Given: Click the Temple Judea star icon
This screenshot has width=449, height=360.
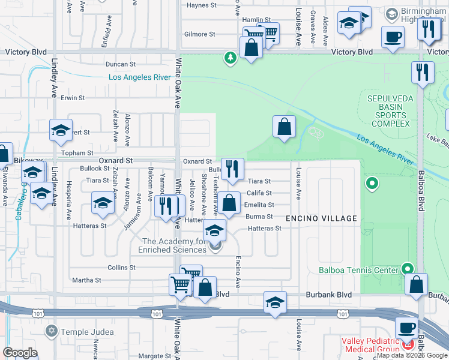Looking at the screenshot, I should (51, 331).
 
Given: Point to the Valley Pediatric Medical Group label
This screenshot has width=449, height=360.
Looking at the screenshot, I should (370, 345).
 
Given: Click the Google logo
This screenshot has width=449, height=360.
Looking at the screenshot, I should (20, 352).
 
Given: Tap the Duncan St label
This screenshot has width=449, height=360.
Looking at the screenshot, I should (120, 64).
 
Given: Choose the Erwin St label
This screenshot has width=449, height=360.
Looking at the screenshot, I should (72, 98).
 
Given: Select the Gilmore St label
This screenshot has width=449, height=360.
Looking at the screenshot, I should (200, 34).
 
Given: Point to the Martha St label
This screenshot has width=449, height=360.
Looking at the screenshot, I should (86, 280).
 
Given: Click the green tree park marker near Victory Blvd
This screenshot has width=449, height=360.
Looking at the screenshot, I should (229, 58).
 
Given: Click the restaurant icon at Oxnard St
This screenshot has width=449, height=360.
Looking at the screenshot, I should (232, 169).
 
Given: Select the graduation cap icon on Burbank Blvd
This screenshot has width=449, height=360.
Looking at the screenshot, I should (275, 302).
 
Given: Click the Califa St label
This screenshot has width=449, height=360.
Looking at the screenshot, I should (260, 193).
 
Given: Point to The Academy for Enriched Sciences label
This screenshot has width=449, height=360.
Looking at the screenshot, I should (173, 245).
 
